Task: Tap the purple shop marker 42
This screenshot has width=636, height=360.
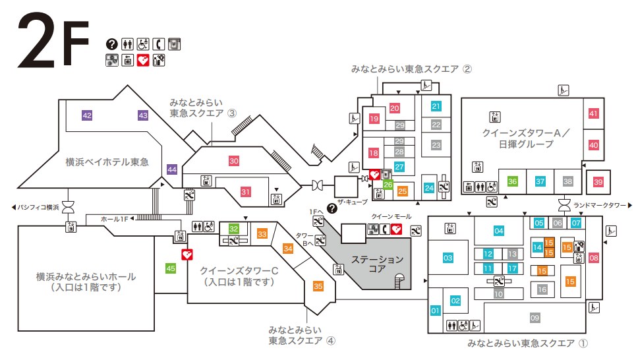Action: point(87,115)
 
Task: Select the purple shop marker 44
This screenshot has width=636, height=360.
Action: point(172,169)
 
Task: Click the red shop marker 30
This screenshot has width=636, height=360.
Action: point(234,160)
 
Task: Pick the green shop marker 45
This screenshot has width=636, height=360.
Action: point(171,268)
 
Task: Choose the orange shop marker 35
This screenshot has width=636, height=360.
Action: point(318,286)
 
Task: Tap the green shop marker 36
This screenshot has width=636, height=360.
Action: point(512,181)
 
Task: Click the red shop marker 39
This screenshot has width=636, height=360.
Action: point(598,181)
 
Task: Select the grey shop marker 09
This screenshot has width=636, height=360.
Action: point(535,318)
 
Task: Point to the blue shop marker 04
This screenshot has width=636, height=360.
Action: point(499,231)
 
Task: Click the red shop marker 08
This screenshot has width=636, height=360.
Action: point(594,258)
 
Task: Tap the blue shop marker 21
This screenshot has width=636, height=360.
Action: point(436,106)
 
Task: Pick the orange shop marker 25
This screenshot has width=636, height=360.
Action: point(402,191)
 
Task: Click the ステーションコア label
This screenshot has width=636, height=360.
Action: point(377,264)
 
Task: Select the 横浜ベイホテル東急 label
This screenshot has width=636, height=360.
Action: point(107,162)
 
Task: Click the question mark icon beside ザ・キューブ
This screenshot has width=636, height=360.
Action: point(332,208)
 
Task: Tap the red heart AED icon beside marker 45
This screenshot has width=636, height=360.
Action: point(187,254)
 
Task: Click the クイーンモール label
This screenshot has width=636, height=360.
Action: point(391,216)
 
